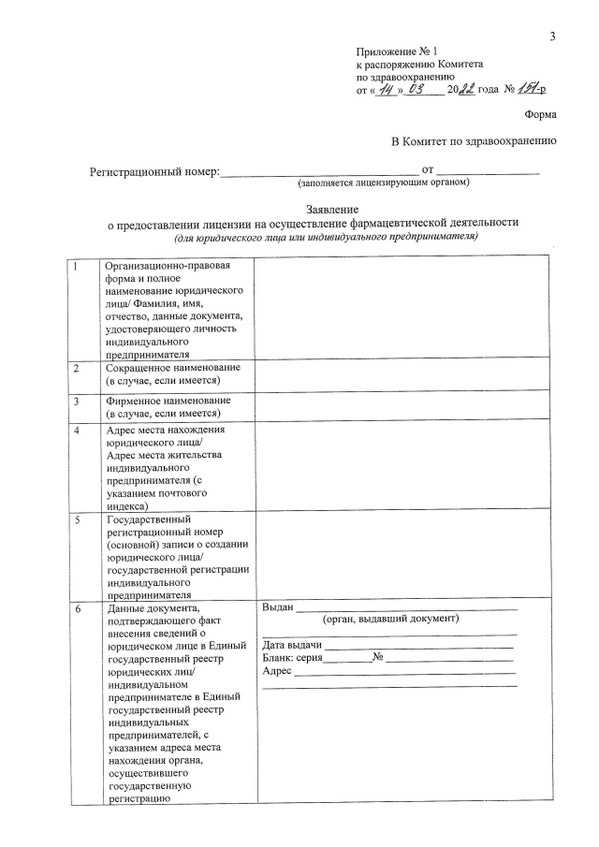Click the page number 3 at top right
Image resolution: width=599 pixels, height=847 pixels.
coord(552,37)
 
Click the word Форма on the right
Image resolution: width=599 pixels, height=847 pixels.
coord(540,114)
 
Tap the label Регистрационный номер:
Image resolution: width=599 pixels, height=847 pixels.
coord(154,171)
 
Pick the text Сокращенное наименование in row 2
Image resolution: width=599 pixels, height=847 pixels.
coord(173,369)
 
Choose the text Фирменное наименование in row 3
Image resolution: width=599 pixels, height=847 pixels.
coord(168,401)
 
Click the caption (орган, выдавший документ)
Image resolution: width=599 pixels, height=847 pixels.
coord(389,620)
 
